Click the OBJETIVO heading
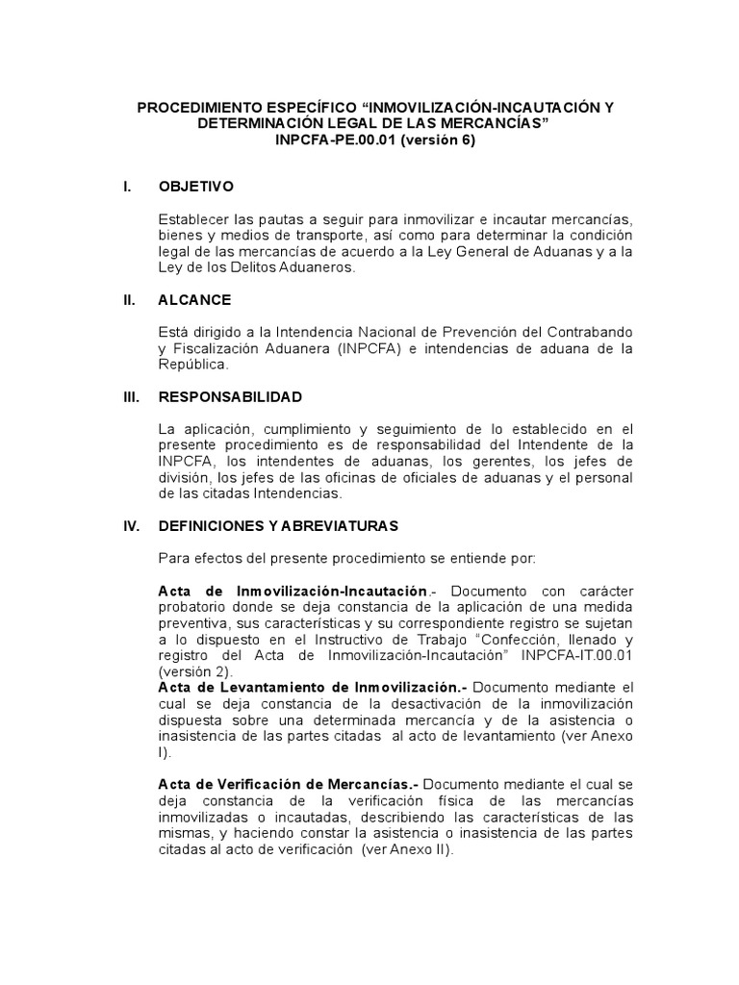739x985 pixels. click(196, 186)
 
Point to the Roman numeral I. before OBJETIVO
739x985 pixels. click(127, 186)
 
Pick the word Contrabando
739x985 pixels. click(586, 333)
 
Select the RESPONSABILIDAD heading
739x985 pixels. click(230, 396)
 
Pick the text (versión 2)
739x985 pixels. click(192, 671)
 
